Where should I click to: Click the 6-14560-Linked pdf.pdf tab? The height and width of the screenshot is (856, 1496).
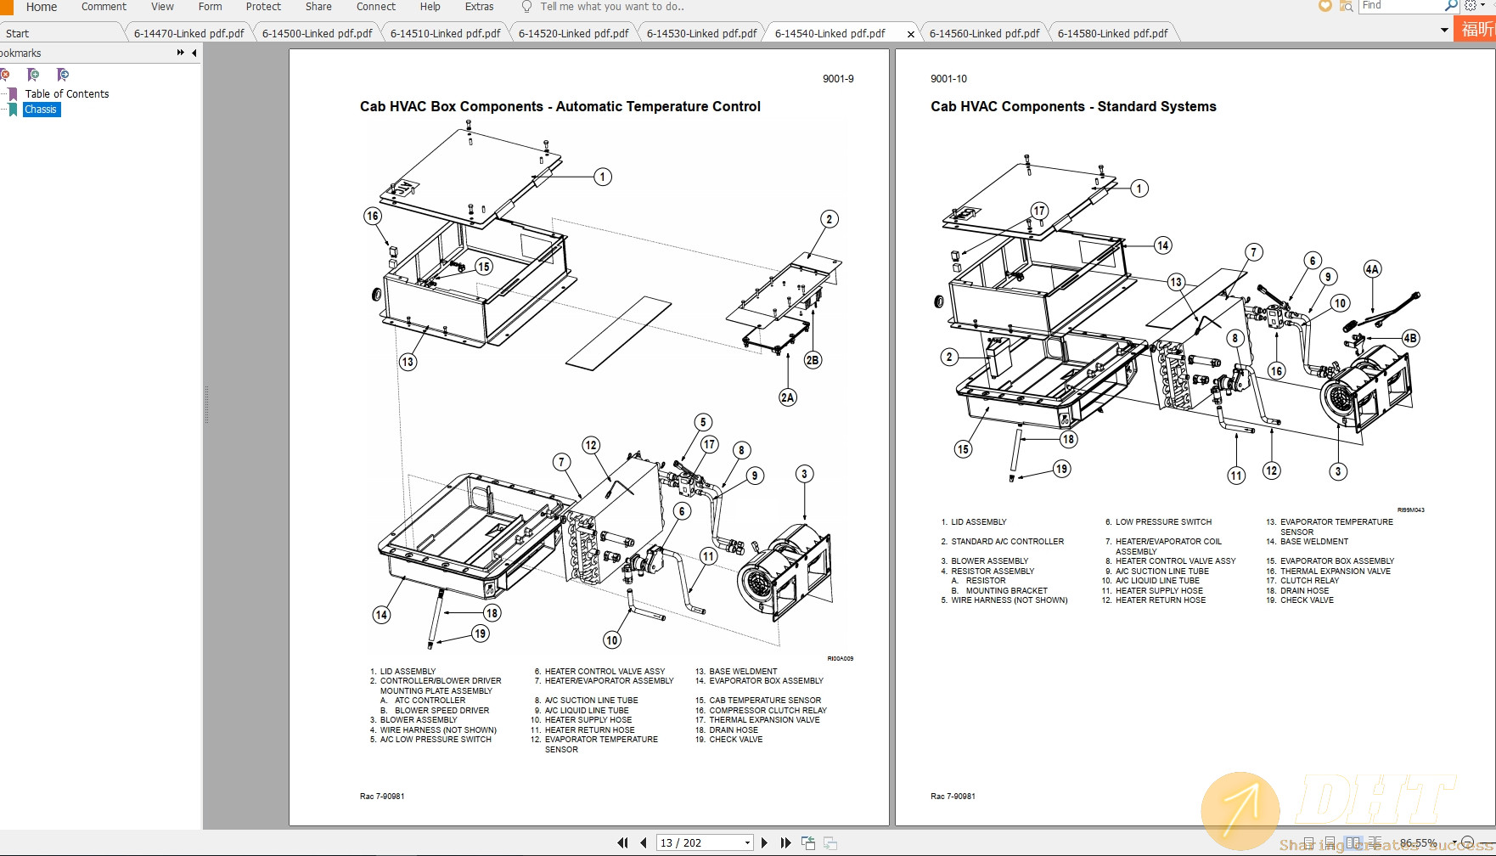[x=983, y=33]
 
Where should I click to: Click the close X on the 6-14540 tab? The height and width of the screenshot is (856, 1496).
[x=910, y=34]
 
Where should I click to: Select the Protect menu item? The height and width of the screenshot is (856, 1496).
[x=263, y=7]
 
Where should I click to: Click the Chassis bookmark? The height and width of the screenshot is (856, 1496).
[x=41, y=110]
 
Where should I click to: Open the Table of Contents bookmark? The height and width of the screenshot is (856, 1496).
[x=66, y=94]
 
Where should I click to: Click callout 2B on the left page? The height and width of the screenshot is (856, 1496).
[x=813, y=360]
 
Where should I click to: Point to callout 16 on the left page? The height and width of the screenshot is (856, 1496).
[x=373, y=216]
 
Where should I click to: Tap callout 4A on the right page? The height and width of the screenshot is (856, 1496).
[x=1372, y=269]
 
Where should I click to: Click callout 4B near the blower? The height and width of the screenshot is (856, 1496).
[x=1409, y=338]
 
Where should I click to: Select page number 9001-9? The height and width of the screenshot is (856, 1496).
[x=837, y=79]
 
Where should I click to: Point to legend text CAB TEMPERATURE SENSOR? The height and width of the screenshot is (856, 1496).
[x=765, y=701]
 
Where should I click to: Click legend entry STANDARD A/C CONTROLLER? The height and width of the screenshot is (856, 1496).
[x=1007, y=542]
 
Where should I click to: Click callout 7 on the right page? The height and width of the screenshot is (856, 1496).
[x=1253, y=252]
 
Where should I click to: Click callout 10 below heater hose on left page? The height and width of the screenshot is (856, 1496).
[x=612, y=639]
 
